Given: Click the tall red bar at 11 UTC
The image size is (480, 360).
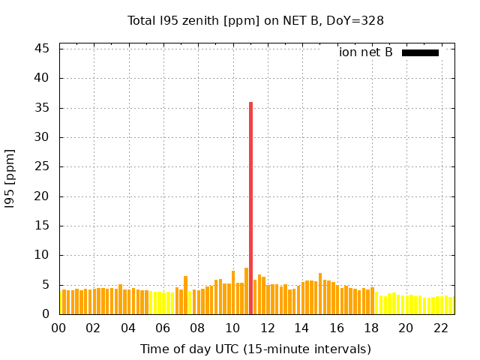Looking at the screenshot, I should [250, 208].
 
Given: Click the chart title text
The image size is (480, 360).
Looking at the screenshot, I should [256, 21].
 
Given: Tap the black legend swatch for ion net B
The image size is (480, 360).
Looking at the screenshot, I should [420, 52].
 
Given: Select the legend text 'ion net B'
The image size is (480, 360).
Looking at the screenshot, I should [365, 52].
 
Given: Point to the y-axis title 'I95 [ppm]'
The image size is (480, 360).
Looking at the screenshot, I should [10, 178].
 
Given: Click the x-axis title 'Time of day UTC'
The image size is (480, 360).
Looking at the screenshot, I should [256, 349].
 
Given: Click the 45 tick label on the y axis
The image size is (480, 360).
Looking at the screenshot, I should [42, 49].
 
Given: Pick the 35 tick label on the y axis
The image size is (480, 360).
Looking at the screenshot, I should [42, 108].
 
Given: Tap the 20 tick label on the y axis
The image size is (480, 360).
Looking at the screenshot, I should [42, 196].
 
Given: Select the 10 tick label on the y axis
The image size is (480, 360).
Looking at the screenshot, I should [42, 256].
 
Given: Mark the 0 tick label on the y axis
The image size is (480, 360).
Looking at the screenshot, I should [46, 315].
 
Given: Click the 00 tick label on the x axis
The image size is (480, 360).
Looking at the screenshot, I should [58, 328].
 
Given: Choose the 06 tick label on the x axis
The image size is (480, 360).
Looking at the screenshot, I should [163, 328].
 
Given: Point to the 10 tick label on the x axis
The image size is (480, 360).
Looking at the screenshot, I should [232, 328].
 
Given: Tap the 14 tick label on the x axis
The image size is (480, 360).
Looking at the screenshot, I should [301, 328].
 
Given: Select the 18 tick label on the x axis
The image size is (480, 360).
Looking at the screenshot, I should [371, 328].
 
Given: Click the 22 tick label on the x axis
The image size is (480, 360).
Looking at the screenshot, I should [440, 328].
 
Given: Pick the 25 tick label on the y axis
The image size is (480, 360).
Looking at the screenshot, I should [42, 167].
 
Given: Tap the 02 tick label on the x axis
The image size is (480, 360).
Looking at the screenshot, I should [93, 328].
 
